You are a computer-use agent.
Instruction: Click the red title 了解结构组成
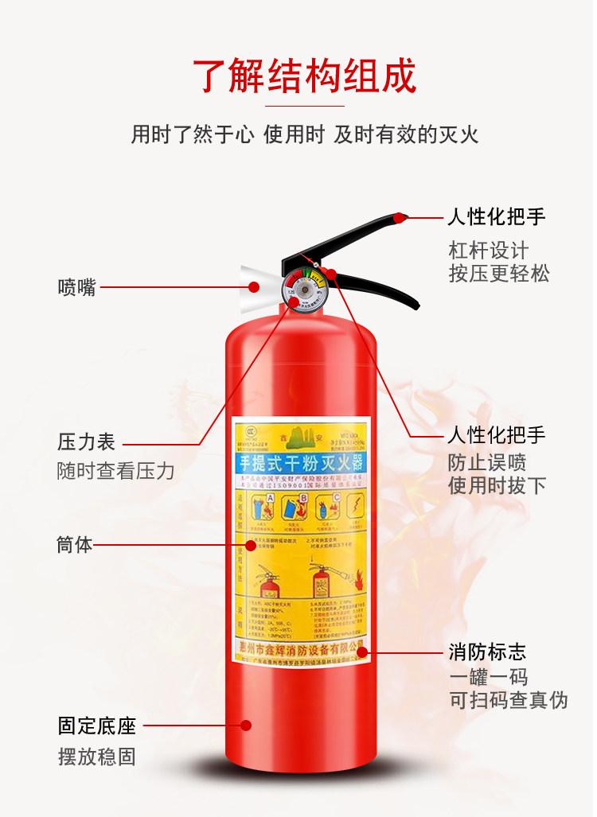pyautogui.click(x=304, y=77)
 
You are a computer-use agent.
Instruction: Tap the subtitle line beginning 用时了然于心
pyautogui.click(x=304, y=134)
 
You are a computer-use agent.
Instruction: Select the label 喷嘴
pyautogui.click(x=76, y=287)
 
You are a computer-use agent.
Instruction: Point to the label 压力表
pyautogui.click(x=86, y=442)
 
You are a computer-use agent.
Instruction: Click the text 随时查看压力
pyautogui.click(x=115, y=470)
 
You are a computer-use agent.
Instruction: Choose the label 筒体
pyautogui.click(x=75, y=545)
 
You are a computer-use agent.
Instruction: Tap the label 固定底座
pyautogui.click(x=96, y=726)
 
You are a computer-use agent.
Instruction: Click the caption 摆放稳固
pyautogui.click(x=96, y=757)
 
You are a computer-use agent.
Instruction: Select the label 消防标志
pyautogui.click(x=487, y=652)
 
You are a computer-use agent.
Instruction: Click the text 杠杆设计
pyautogui.click(x=488, y=251)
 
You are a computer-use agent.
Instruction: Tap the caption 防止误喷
pyautogui.click(x=487, y=462)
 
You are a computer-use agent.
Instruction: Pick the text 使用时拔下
pyautogui.click(x=497, y=485)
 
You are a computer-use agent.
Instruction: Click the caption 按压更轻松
pyautogui.click(x=498, y=274)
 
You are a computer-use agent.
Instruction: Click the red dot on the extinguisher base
pyautogui.click(x=246, y=726)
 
